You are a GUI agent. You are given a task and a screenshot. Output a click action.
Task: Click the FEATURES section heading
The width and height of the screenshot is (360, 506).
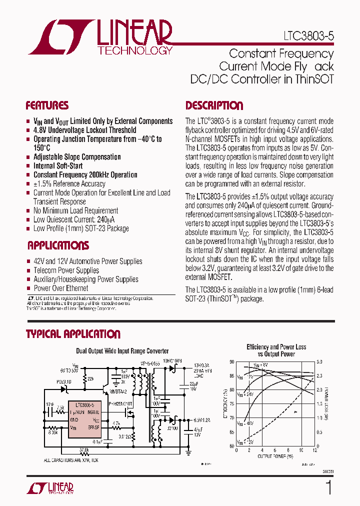click(47, 105)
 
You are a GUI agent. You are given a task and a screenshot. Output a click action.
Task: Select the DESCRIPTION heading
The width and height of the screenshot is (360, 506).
click(214, 105)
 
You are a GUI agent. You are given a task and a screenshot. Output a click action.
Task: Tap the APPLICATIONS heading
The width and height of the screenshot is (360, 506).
click(58, 245)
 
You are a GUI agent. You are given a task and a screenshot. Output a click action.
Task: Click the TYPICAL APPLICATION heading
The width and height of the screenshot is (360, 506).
click(73, 334)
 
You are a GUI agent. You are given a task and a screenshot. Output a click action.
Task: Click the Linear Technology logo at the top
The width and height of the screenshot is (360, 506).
click(100, 37)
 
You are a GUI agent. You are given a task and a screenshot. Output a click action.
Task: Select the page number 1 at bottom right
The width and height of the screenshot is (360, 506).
click(328, 487)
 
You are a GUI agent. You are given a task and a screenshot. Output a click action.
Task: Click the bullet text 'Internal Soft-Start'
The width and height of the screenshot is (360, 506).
click(58, 166)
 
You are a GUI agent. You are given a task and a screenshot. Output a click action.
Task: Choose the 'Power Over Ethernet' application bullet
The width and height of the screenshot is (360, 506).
click(60, 288)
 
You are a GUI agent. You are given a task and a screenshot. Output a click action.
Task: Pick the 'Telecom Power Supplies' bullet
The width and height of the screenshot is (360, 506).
click(66, 270)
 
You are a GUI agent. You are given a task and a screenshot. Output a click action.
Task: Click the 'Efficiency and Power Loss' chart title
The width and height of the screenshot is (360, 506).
click(276, 347)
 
